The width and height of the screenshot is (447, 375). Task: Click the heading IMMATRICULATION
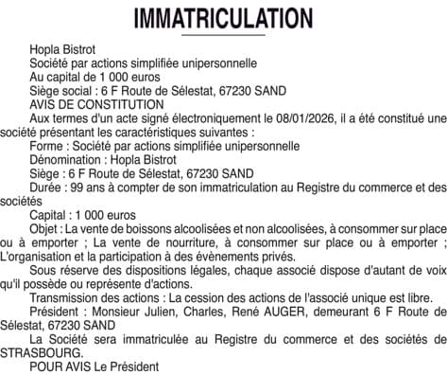tap(223, 18)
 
